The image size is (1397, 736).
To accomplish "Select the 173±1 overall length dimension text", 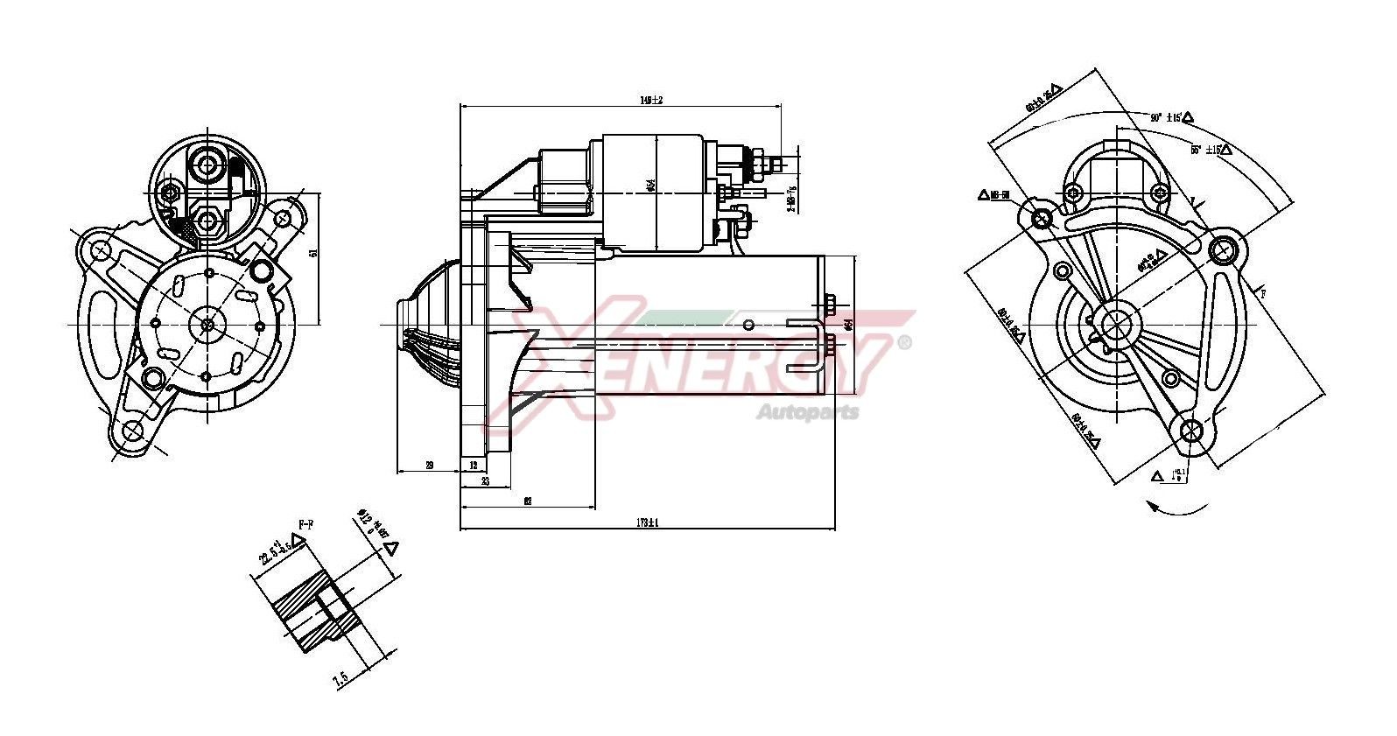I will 647,522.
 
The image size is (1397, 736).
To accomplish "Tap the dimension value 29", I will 429,466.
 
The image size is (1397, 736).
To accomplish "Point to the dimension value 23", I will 483,482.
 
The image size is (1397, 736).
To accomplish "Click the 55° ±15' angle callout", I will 1207,150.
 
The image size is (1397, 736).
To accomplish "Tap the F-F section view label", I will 306,524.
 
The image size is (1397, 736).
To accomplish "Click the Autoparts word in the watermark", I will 807,412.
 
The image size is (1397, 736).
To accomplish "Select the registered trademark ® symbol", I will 904,342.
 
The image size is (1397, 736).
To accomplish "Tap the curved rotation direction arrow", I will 1177,508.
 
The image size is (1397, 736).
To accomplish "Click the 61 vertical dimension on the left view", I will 312,252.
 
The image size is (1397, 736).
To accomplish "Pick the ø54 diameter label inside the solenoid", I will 651,186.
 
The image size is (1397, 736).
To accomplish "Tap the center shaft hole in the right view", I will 1115,324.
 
